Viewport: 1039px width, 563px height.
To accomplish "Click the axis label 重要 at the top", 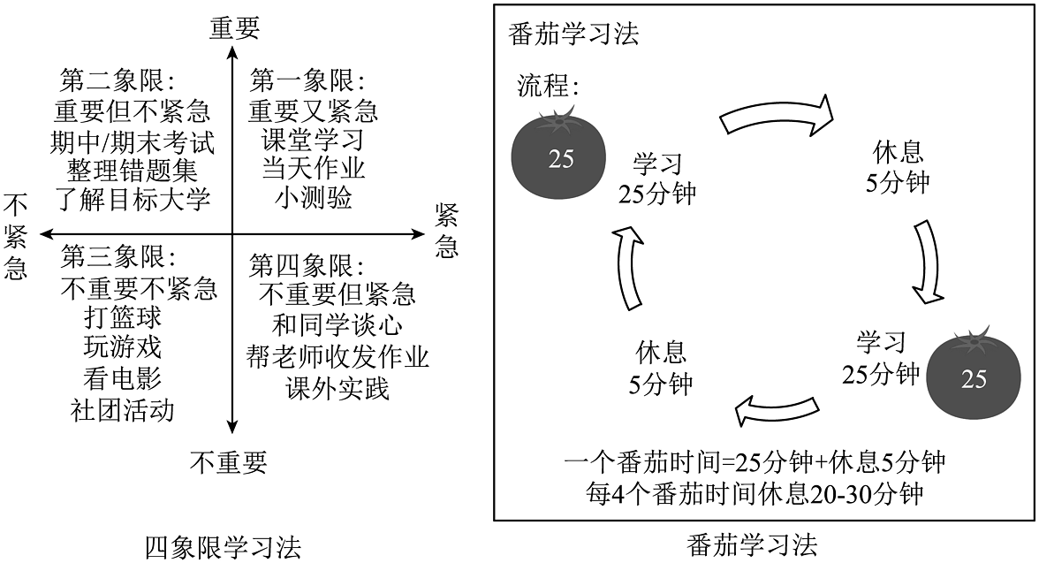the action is pyautogui.click(x=235, y=28).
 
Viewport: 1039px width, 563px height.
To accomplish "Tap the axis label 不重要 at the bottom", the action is pyautogui.click(x=229, y=462).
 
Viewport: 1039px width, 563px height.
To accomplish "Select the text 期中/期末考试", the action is pyautogui.click(x=133, y=142).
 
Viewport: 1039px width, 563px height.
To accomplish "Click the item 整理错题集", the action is pyautogui.click(x=132, y=171).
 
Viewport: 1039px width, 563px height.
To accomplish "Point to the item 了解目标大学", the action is pyautogui.click(x=133, y=199).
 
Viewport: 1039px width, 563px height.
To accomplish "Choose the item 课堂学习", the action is pyautogui.click(x=313, y=140).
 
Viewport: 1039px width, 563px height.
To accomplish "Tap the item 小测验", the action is pyautogui.click(x=314, y=198).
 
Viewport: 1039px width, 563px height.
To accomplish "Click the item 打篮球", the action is pyautogui.click(x=123, y=317).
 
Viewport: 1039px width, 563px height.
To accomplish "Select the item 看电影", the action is pyautogui.click(x=123, y=378).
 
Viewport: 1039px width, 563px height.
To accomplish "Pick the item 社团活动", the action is pyautogui.click(x=123, y=410).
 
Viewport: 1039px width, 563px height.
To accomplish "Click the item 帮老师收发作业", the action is pyautogui.click(x=337, y=357).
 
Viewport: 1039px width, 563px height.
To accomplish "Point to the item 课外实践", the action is pyautogui.click(x=337, y=389).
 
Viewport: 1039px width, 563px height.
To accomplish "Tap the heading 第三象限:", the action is pyautogui.click(x=118, y=257).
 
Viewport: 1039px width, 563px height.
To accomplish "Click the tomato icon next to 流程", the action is pyautogui.click(x=558, y=155).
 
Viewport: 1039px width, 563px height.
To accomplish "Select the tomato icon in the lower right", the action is pyautogui.click(x=974, y=375).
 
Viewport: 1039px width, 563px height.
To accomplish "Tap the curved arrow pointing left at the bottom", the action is pyautogui.click(x=777, y=408).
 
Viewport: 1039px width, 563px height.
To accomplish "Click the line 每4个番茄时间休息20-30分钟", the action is pyautogui.click(x=755, y=493).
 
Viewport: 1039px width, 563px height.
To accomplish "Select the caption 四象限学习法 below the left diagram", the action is pyautogui.click(x=223, y=548).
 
